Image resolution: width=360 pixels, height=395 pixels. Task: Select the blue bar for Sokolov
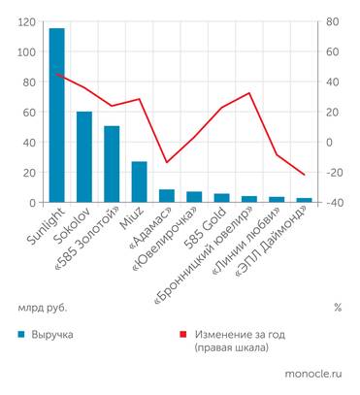point(84,156)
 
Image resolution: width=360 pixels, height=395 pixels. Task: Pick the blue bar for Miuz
point(139,181)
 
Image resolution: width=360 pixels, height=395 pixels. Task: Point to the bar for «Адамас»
point(167,195)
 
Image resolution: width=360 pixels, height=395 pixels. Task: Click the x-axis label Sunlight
point(40,229)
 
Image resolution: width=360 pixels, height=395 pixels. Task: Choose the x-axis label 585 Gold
point(207,229)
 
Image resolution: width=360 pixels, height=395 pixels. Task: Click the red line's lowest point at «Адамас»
point(167,162)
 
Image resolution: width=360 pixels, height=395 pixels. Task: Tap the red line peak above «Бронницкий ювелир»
point(249,93)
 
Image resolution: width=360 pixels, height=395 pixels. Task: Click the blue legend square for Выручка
point(20,334)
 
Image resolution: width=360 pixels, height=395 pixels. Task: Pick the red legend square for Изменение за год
point(184,334)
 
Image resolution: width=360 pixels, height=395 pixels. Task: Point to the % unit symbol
point(337,307)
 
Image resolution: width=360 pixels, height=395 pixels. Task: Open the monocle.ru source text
point(313,373)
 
